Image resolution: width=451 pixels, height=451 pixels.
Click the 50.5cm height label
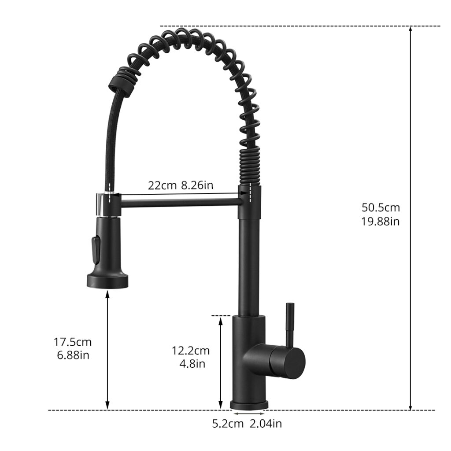point(381,207)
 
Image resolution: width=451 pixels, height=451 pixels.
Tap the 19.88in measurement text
point(381,221)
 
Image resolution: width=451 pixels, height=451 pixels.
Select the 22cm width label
point(162,185)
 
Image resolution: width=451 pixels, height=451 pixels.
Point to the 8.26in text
point(197,185)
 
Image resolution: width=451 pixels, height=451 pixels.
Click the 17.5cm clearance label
point(73,341)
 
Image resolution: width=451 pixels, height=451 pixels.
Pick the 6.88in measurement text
point(73,355)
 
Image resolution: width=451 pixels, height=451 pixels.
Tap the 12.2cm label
point(190,351)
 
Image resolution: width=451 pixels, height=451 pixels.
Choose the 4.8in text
point(190,364)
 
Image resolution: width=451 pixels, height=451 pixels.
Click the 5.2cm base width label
point(228,424)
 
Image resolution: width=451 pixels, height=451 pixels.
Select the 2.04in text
point(266,424)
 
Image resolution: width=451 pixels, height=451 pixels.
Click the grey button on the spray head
point(93,250)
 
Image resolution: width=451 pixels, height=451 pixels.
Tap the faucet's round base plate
point(249,404)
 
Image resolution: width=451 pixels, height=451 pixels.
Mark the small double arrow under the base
point(249,414)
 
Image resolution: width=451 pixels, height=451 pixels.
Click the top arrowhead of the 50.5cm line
point(410,30)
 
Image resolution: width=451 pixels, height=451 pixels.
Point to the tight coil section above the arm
point(250,167)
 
